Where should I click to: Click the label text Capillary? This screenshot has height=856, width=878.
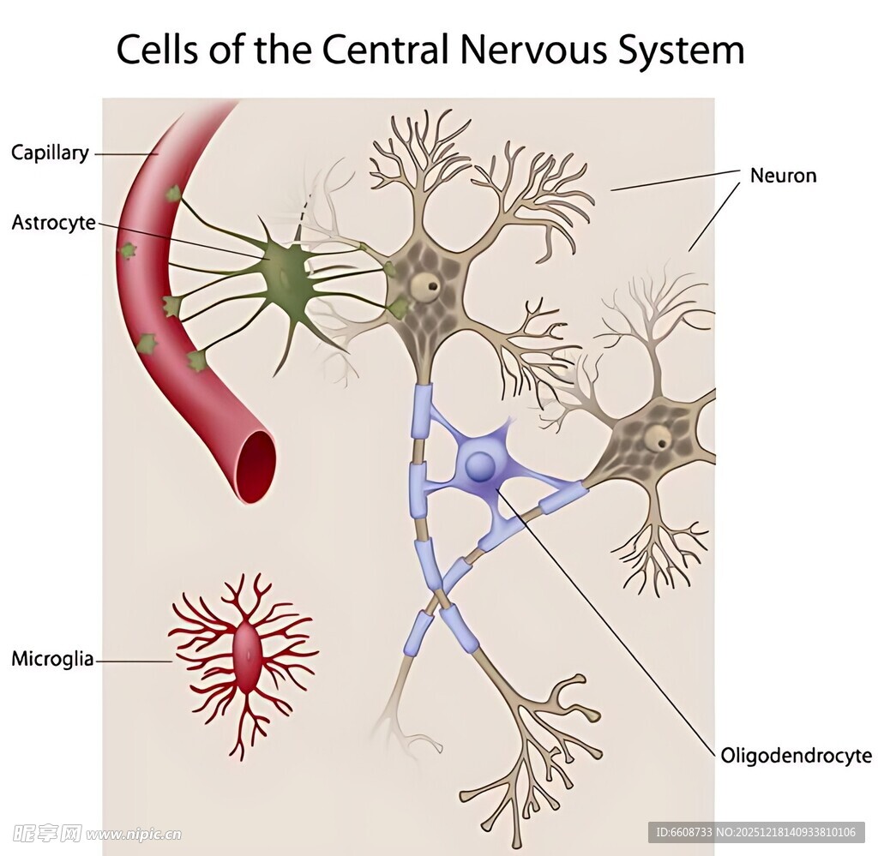[x=50, y=153]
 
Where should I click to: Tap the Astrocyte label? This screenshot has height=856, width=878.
[x=53, y=224]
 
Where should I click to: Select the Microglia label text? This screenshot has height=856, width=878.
[x=52, y=660]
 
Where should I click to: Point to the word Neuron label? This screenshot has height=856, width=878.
[x=783, y=176]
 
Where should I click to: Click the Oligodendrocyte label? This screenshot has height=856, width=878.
[x=796, y=756]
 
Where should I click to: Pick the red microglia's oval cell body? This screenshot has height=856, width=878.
[x=246, y=658]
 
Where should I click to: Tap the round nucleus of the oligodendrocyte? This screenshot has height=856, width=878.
[x=481, y=466]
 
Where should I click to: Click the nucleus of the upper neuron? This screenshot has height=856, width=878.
[x=425, y=284]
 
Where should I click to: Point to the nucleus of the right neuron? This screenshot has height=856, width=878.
[x=658, y=440]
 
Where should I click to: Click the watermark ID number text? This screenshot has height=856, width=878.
[x=755, y=832]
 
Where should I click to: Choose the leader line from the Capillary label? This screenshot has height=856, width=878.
[x=124, y=154]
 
